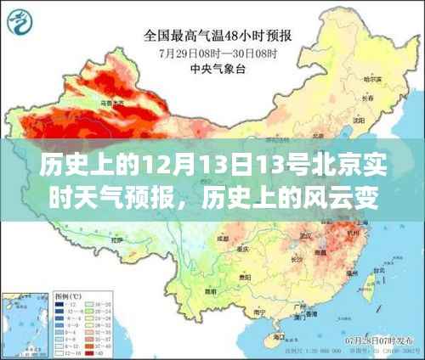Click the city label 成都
tap(223, 240)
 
